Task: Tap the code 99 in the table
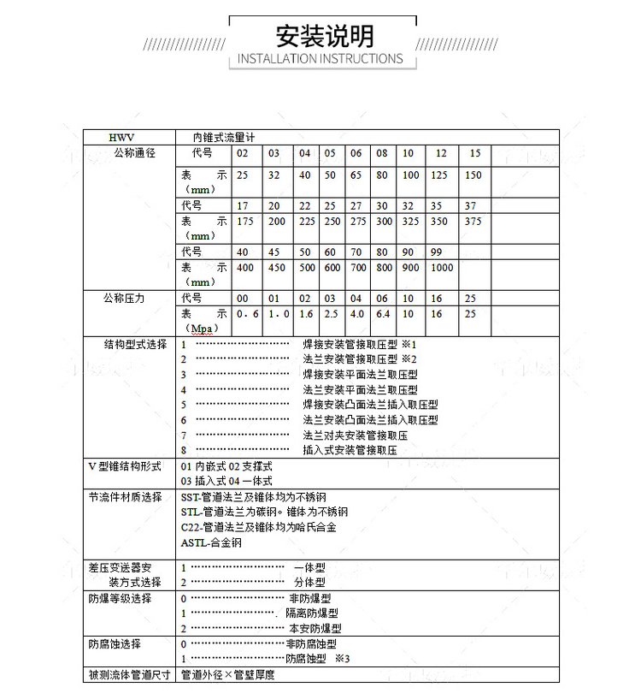(x=436, y=252)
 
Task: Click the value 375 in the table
(x=473, y=222)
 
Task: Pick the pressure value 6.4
(x=382, y=314)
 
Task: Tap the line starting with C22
(x=258, y=527)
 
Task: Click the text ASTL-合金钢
(x=211, y=542)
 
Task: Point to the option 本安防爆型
(x=314, y=628)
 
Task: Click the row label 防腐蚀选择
(x=115, y=643)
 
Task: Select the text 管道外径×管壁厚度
(x=227, y=674)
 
